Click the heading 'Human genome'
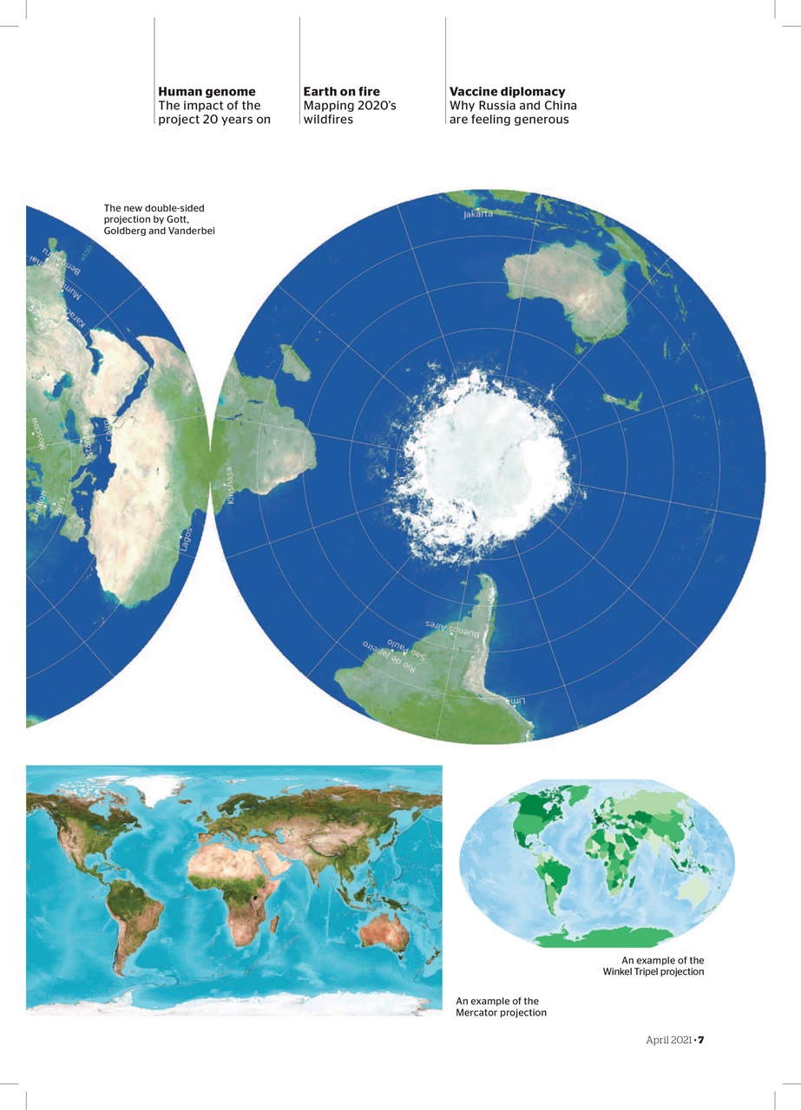(207, 91)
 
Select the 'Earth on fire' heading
(341, 91)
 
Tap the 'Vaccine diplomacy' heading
(507, 91)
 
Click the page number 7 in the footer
(700, 1040)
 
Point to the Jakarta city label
(477, 212)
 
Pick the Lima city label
(513, 700)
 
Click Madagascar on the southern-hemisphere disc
(295, 362)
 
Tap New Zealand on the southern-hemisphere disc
(622, 402)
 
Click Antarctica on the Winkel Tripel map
(603, 937)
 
